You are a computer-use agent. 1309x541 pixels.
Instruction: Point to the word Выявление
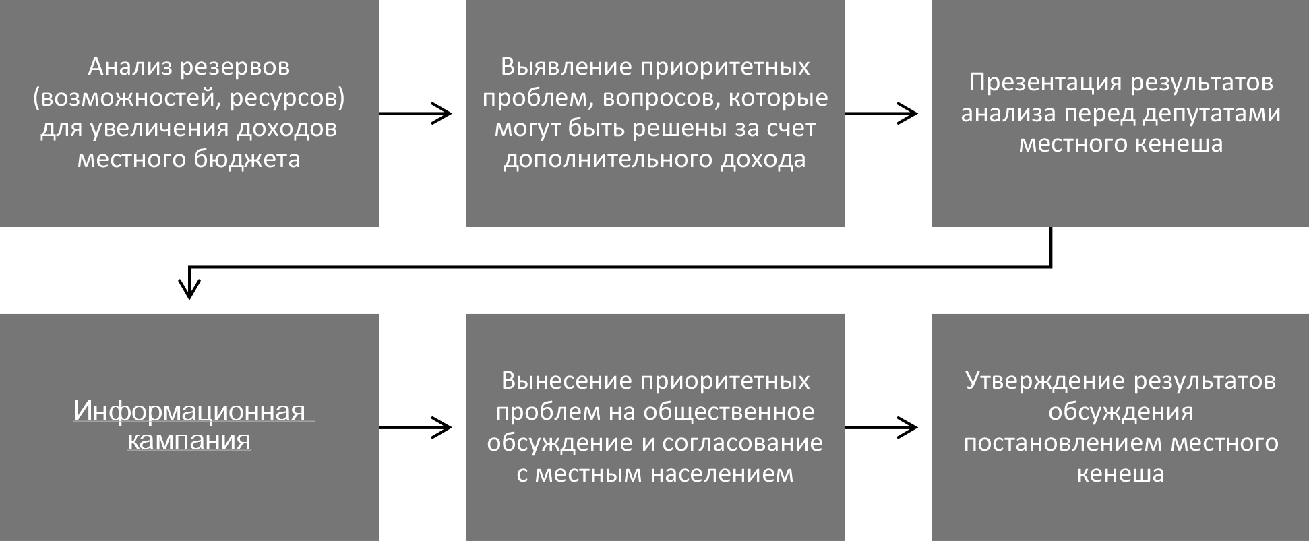[565, 67]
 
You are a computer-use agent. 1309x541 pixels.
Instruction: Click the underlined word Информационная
[189, 410]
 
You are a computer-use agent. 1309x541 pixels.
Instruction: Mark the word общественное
[729, 412]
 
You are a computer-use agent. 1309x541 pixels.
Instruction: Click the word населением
[722, 474]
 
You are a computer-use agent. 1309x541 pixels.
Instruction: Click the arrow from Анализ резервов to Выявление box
[415, 114]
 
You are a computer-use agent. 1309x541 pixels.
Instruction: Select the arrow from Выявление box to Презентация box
[881, 114]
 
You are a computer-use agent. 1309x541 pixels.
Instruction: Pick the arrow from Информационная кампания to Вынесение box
[415, 427]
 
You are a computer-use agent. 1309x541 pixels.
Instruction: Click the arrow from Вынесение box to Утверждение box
[881, 427]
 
